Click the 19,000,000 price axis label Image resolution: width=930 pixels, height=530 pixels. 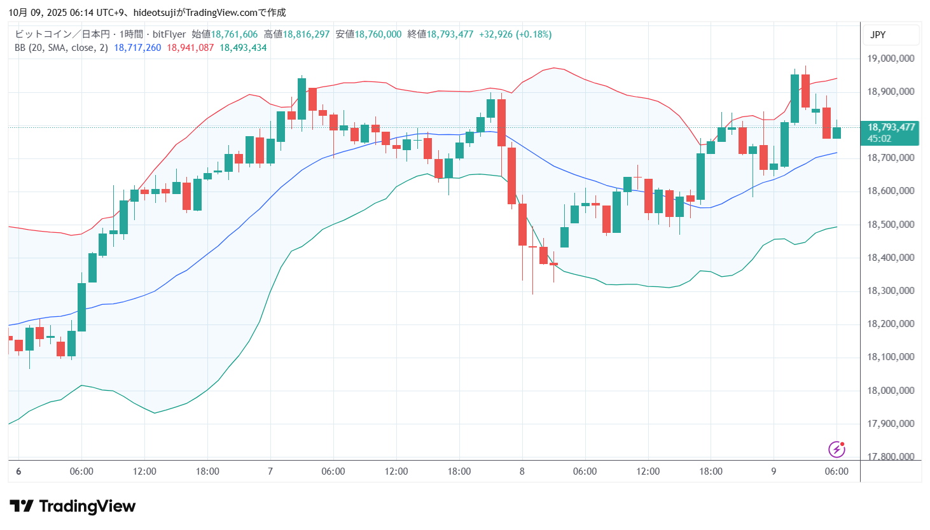[x=891, y=59]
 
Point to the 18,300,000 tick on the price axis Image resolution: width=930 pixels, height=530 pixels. [x=891, y=291]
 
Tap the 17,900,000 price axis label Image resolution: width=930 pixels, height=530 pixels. [x=891, y=424]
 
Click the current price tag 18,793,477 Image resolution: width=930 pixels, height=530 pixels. [x=891, y=127]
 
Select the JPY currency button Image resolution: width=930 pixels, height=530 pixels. [x=878, y=35]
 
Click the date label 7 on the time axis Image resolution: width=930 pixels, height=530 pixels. [x=270, y=471]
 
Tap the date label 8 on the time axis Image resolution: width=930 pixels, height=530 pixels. [x=522, y=471]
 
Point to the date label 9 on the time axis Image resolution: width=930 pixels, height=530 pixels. [x=774, y=471]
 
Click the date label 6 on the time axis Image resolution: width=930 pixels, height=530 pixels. [x=18, y=471]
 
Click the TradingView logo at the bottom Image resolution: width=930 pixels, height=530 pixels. [x=73, y=506]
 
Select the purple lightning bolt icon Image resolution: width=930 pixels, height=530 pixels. [x=836, y=449]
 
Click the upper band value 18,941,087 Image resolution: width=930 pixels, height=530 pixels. [x=190, y=48]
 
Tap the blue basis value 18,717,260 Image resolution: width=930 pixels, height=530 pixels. [x=137, y=48]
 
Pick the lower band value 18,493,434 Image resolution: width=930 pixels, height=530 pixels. [x=243, y=48]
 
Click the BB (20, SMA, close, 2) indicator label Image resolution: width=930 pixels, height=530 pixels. [x=61, y=48]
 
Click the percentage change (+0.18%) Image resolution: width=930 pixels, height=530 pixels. [x=534, y=34]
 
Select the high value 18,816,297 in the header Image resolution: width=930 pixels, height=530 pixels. [x=306, y=34]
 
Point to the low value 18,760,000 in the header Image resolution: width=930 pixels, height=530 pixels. [x=378, y=34]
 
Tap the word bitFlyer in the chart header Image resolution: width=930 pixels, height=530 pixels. [x=169, y=34]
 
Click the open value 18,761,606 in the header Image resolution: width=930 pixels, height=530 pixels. [x=234, y=34]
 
